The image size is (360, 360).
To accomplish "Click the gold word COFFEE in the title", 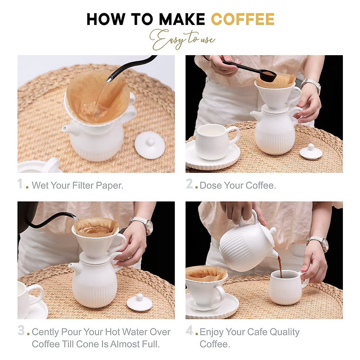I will [243, 19].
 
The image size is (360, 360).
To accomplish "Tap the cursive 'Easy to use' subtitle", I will [182, 40].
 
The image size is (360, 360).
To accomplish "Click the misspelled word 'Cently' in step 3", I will [45, 332].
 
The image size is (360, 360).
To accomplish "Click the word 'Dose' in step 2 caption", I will [211, 185].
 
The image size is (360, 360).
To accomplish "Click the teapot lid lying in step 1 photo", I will [150, 145].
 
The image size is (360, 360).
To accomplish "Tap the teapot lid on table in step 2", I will [311, 152].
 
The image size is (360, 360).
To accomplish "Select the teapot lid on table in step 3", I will [139, 303].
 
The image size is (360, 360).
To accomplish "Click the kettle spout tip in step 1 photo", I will [109, 80].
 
